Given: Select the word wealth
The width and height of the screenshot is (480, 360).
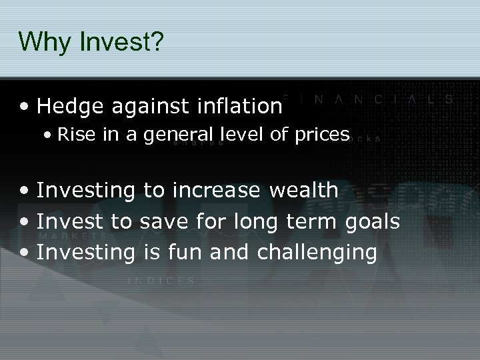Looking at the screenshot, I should (x=304, y=190).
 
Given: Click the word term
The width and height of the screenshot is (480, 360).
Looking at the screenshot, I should (x=315, y=221).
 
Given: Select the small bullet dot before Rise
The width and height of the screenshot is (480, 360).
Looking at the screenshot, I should (x=49, y=135).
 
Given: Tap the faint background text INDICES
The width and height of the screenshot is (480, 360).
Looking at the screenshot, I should (x=161, y=281).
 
